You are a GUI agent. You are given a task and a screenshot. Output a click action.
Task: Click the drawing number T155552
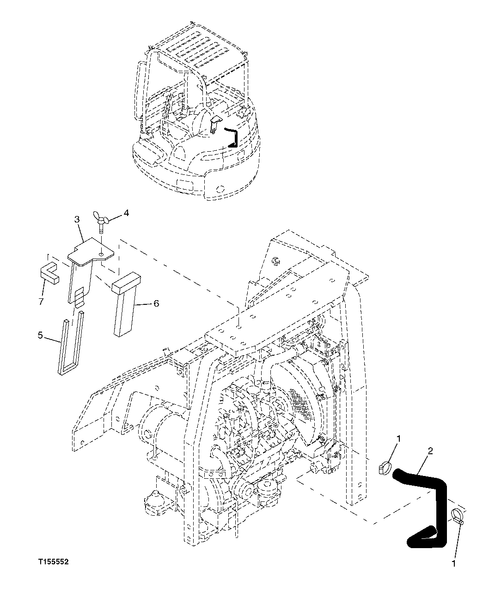coord(54,562)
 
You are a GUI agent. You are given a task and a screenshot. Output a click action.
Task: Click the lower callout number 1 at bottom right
coord(453,563)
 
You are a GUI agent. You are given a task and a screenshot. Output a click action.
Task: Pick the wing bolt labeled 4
coord(101,222)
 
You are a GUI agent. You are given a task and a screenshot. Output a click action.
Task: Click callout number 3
coord(77,218)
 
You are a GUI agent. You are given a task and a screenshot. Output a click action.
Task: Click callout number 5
coord(40,335)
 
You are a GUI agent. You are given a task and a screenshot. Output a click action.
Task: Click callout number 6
coord(156,303)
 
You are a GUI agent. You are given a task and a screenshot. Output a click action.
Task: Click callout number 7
coord(41,301)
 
